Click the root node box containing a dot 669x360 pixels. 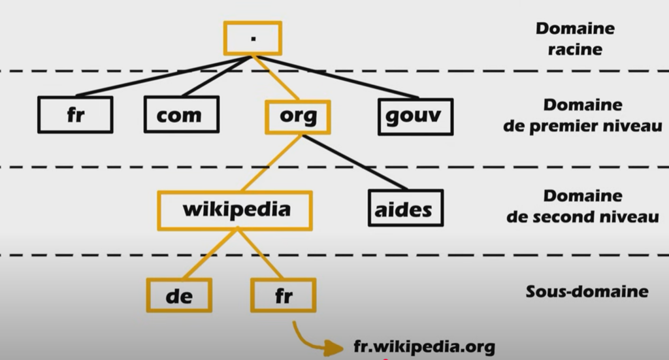coord(252,38)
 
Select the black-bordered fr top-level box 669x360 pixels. coord(75,115)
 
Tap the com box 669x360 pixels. coord(181,115)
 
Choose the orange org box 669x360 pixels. coord(298,116)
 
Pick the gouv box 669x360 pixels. coord(416,116)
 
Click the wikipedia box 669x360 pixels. coord(235,210)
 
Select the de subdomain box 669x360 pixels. coord(179,295)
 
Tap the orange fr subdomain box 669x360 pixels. coord(283,295)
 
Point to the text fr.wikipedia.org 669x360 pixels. coord(424,346)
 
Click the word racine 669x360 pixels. coord(574,50)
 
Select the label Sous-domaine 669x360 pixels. coord(587,291)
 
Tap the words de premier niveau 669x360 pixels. coord(582,125)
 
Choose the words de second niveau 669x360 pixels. coord(582,216)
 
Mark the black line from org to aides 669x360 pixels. coord(356,163)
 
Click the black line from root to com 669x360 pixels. coord(216,78)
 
